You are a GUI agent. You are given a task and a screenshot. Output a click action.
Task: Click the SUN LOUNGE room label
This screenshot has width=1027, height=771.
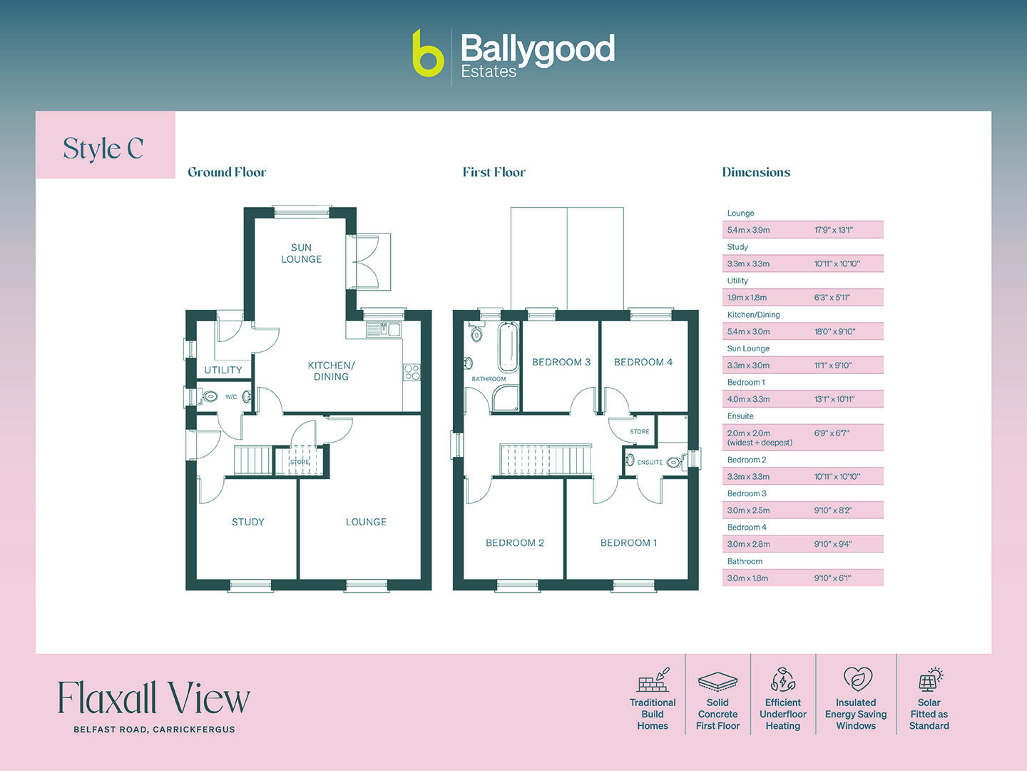pyautogui.click(x=301, y=253)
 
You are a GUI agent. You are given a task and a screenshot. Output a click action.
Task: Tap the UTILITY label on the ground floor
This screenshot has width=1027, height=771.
pyautogui.click(x=223, y=370)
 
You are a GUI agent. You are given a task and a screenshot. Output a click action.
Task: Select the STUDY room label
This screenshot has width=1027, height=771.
pyautogui.click(x=248, y=522)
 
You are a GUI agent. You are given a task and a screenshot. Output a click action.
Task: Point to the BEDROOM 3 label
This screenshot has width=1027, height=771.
pyautogui.click(x=561, y=362)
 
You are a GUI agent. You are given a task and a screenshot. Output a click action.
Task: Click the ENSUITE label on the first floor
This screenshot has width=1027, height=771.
pyautogui.click(x=650, y=463)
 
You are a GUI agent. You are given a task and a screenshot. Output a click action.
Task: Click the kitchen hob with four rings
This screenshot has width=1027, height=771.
pyautogui.click(x=412, y=372)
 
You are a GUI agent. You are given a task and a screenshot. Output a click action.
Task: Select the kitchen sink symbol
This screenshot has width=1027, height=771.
pyautogui.click(x=384, y=329)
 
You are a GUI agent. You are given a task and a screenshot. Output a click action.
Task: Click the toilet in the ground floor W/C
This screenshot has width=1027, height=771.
pyautogui.click(x=210, y=396)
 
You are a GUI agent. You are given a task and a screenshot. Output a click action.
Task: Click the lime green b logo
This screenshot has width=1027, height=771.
pyautogui.click(x=428, y=54)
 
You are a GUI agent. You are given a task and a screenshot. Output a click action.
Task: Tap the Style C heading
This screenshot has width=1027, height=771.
pyautogui.click(x=103, y=148)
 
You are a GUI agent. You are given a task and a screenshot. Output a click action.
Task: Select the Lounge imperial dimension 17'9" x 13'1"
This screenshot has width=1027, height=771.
pyautogui.click(x=834, y=230)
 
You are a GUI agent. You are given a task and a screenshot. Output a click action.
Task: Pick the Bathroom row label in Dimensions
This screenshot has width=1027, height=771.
pyautogui.click(x=745, y=561)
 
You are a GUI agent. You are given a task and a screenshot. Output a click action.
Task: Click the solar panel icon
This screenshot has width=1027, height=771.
pyautogui.click(x=929, y=680)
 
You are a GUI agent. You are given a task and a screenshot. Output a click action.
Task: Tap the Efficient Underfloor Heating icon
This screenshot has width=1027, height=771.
pyautogui.click(x=782, y=680)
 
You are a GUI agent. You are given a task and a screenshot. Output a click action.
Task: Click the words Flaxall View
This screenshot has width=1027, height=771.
pyautogui.click(x=153, y=698)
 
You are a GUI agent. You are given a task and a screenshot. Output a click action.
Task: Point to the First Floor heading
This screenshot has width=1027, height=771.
pyautogui.click(x=494, y=172)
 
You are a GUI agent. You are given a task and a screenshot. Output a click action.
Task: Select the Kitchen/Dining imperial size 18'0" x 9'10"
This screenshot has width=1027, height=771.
pyautogui.click(x=834, y=331)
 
